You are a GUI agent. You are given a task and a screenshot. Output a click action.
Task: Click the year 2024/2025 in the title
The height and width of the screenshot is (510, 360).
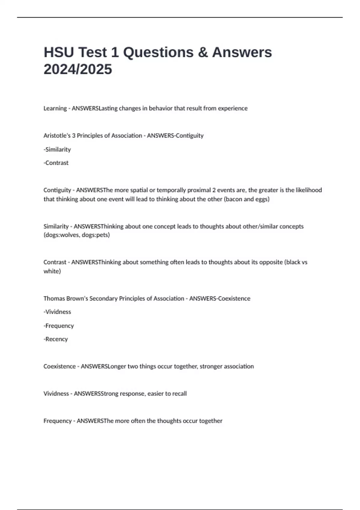(78, 69)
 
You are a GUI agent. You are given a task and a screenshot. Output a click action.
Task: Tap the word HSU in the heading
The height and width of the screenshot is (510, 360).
(59, 52)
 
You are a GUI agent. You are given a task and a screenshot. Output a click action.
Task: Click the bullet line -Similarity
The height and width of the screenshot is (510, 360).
(57, 149)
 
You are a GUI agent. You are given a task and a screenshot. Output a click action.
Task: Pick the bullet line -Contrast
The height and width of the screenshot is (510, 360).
(56, 163)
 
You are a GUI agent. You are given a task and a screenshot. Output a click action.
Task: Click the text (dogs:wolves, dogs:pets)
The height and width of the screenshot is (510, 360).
(76, 235)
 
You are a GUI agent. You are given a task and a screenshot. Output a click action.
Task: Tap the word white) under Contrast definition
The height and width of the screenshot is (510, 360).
(52, 271)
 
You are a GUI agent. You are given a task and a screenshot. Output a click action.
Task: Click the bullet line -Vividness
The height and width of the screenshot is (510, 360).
(57, 312)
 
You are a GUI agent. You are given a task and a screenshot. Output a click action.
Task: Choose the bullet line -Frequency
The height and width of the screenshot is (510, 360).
(59, 326)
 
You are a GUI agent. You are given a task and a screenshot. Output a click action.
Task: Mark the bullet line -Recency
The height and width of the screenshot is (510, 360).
(56, 339)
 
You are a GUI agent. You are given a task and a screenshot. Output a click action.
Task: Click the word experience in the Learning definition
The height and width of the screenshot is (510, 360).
(232, 108)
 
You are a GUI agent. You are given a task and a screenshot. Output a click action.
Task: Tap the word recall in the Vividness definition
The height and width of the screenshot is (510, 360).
(179, 394)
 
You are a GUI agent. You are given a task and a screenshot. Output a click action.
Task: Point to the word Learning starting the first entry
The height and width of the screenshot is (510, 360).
(55, 108)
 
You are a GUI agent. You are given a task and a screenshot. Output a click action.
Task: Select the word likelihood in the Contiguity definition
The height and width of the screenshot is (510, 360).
(309, 190)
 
